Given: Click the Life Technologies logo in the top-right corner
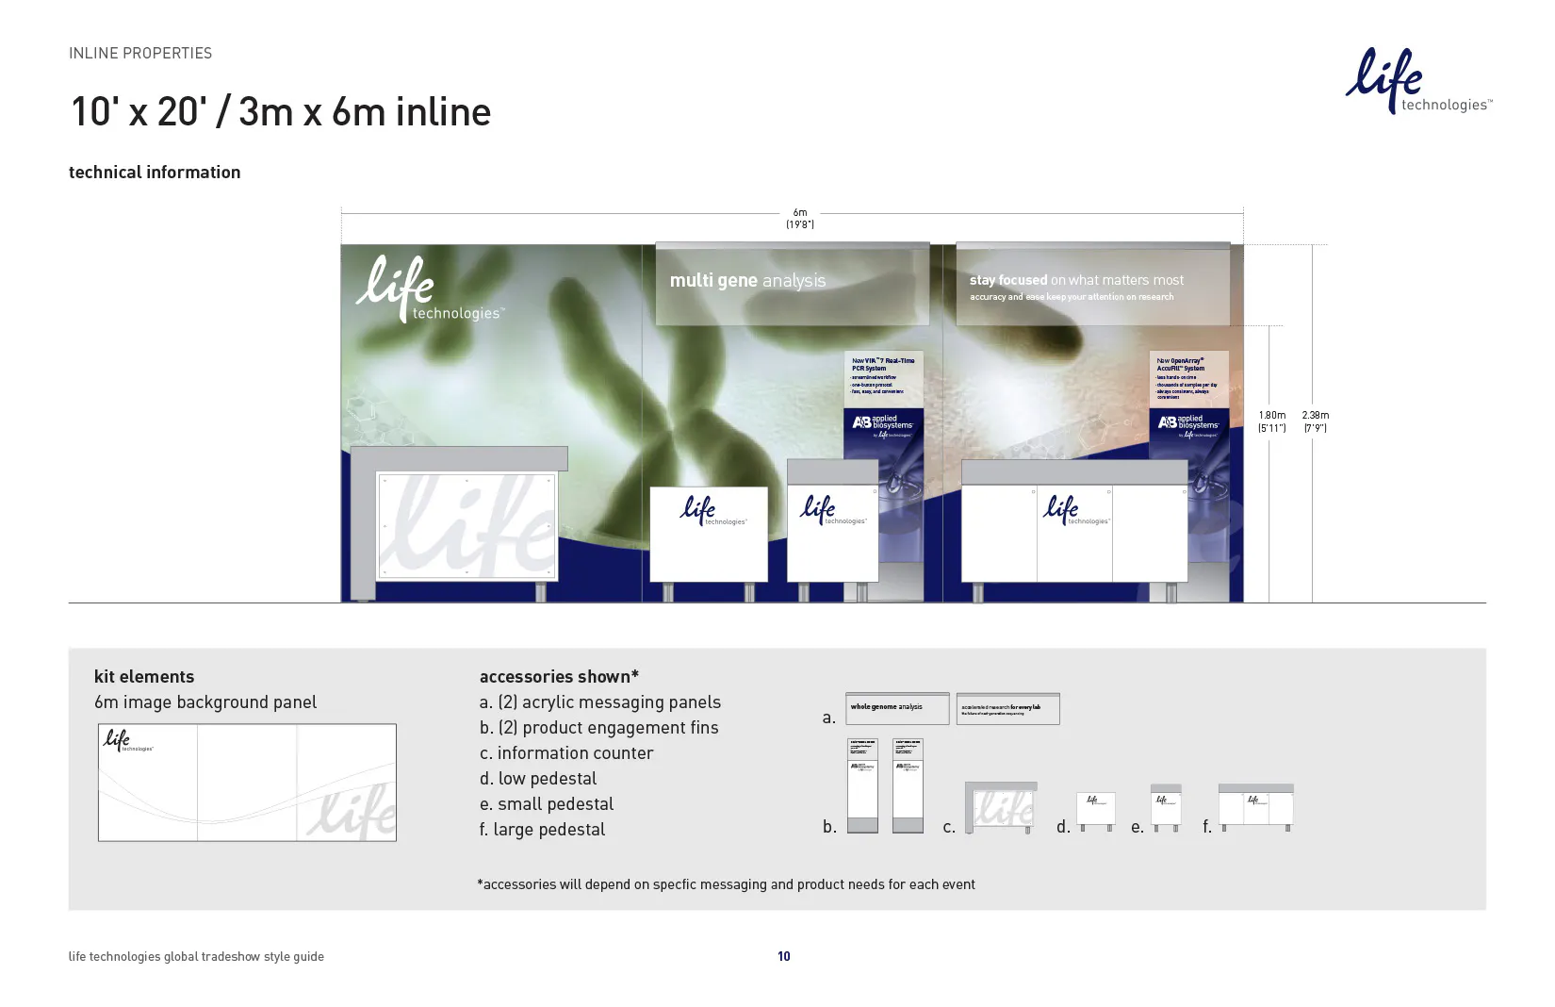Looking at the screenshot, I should tap(1416, 82).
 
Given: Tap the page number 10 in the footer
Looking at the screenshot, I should tap(783, 956).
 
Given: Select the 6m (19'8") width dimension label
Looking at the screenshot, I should tap(799, 219).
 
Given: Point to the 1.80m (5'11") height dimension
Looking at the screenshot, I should tap(1271, 421).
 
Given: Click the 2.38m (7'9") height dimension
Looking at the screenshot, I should tap(1315, 421).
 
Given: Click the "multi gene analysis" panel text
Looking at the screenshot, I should tap(747, 281).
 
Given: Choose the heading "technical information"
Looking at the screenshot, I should tap(155, 173).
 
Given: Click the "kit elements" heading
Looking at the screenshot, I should tap(144, 677).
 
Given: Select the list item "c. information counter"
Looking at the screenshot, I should tap(565, 753).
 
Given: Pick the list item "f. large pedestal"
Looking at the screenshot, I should tap(542, 830).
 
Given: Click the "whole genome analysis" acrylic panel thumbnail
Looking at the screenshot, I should tap(896, 709).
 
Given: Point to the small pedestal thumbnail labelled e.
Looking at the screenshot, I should tap(1166, 807).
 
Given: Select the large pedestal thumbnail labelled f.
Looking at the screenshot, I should tap(1255, 806).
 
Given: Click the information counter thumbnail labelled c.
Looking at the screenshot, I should tap(1000, 807).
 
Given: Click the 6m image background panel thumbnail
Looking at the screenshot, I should tap(247, 783).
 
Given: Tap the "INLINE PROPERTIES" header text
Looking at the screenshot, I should tap(140, 54).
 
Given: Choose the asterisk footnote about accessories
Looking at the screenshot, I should tap(726, 884).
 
